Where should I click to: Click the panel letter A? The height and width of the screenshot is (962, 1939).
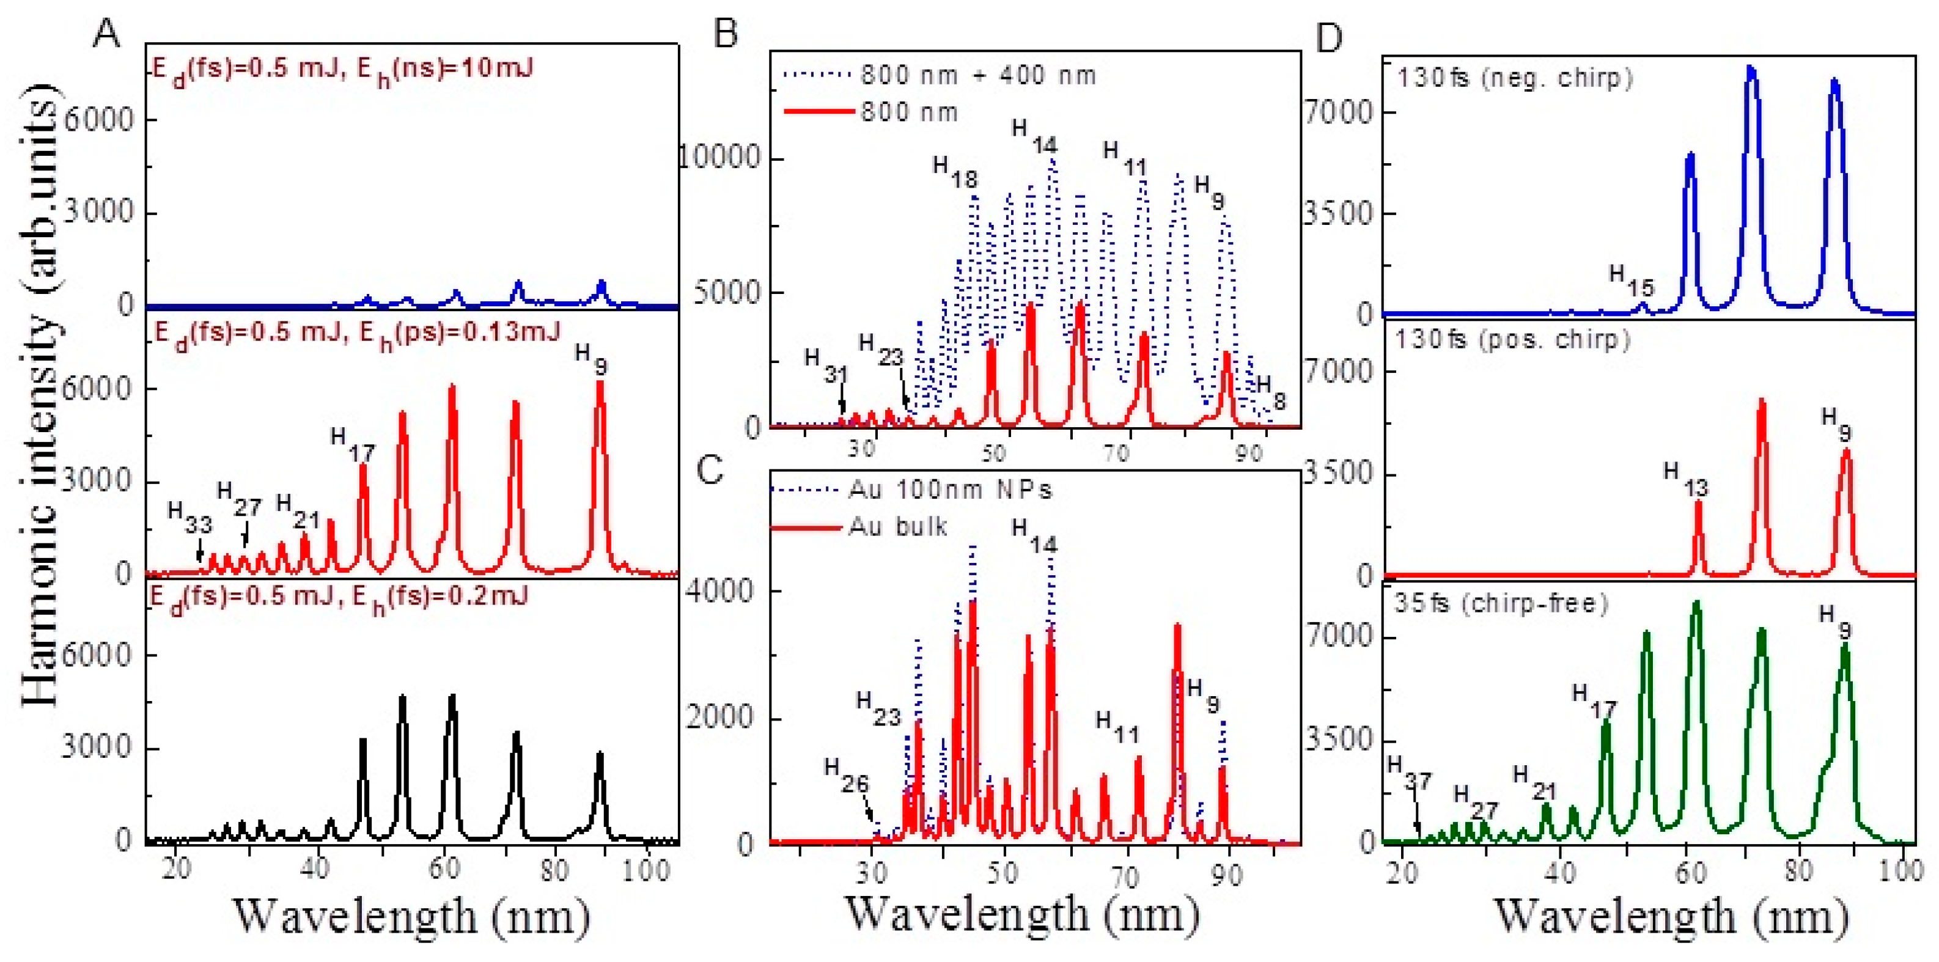coord(106,34)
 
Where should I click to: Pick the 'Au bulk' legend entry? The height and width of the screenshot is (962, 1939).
coord(897,526)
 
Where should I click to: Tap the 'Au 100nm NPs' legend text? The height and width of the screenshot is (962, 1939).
coord(950,490)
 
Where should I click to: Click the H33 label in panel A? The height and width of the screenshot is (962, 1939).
coord(189,517)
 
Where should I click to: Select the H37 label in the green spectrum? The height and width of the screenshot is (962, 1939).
coord(1408,771)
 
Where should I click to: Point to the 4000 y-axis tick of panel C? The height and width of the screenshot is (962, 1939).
coord(719,591)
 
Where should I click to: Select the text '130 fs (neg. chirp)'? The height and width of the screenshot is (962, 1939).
coord(1515,78)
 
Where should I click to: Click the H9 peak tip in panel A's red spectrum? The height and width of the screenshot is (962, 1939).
coord(600,384)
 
